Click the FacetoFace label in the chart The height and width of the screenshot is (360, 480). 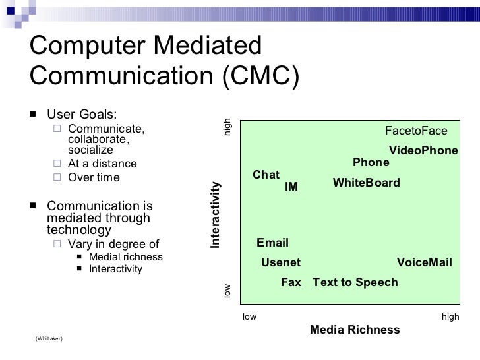pyautogui.click(x=416, y=131)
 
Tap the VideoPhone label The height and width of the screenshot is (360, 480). pyautogui.click(x=423, y=150)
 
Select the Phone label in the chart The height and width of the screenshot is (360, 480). pyautogui.click(x=371, y=163)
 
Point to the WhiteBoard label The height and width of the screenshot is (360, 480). pyautogui.click(x=366, y=183)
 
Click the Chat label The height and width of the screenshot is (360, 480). pyautogui.click(x=266, y=175)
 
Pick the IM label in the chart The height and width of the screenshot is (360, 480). pyautogui.click(x=291, y=187)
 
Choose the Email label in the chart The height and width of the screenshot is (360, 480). pyautogui.click(x=272, y=243)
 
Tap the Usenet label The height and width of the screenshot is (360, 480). pyautogui.click(x=281, y=262)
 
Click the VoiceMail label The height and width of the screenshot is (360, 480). pyautogui.click(x=424, y=262)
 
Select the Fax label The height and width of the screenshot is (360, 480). pyautogui.click(x=291, y=282)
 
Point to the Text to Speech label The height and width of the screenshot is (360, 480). pyautogui.click(x=355, y=282)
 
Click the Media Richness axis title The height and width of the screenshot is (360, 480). pyautogui.click(x=355, y=330)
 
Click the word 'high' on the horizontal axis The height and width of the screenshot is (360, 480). pyautogui.click(x=450, y=317)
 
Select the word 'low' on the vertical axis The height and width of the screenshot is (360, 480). pyautogui.click(x=227, y=291)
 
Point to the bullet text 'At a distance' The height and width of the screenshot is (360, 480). pyautogui.click(x=102, y=164)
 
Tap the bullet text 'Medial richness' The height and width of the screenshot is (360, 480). pyautogui.click(x=125, y=256)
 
